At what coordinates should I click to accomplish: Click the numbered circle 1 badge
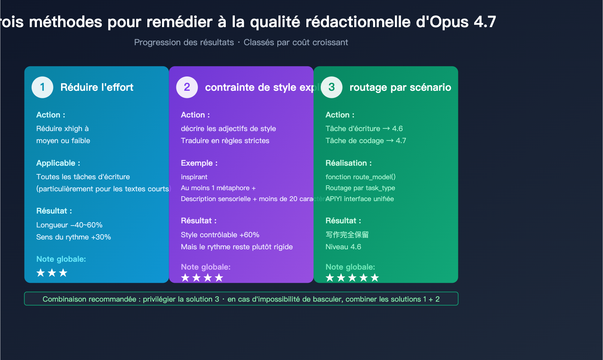click(42, 87)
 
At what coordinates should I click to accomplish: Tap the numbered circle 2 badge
click(187, 87)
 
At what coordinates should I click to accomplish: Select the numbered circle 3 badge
click(332, 87)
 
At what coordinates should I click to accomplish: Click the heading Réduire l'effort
click(97, 87)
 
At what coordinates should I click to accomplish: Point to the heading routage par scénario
click(400, 87)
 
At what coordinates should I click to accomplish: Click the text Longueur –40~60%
click(69, 225)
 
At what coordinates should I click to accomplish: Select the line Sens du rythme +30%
click(73, 237)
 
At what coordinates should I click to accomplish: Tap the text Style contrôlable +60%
click(220, 235)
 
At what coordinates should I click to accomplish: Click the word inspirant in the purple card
click(194, 177)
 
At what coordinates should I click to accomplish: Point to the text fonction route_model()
click(360, 177)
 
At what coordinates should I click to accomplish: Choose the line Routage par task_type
click(360, 188)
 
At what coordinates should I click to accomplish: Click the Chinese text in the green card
click(347, 235)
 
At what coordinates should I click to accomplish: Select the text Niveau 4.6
click(343, 247)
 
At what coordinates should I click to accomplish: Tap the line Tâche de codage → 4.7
click(366, 140)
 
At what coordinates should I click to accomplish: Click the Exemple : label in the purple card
click(199, 163)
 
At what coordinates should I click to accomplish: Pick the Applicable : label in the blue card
click(58, 163)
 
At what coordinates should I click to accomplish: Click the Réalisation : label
click(349, 163)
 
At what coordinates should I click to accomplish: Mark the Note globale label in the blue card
click(61, 259)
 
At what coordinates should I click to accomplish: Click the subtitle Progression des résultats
click(184, 42)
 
